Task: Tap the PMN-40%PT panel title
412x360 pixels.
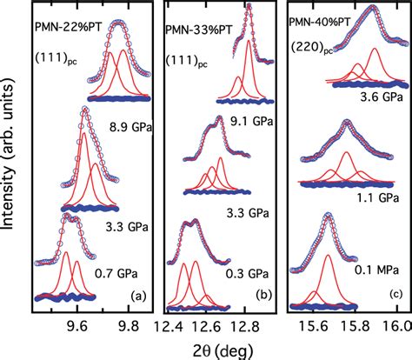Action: tap(325, 17)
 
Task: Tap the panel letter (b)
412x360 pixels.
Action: tap(262, 296)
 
